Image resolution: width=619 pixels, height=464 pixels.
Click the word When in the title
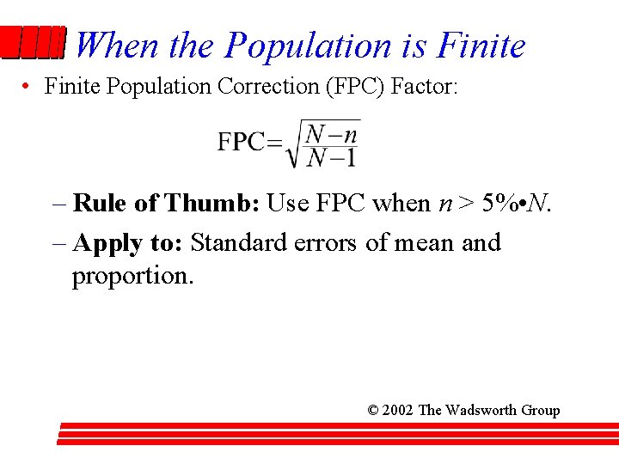(x=118, y=45)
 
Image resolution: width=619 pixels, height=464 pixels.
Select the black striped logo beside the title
(x=32, y=43)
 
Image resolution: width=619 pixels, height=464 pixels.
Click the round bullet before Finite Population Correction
(x=28, y=87)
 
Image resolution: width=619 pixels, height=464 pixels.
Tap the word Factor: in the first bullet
(x=424, y=86)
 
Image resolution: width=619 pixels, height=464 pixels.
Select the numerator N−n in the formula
(x=332, y=133)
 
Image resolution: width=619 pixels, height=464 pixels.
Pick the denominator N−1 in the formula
(x=332, y=156)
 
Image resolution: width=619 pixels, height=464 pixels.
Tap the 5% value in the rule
(x=498, y=203)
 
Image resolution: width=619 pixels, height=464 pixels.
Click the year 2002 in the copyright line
(x=397, y=410)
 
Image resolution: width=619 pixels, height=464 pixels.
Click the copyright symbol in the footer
(x=372, y=410)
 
